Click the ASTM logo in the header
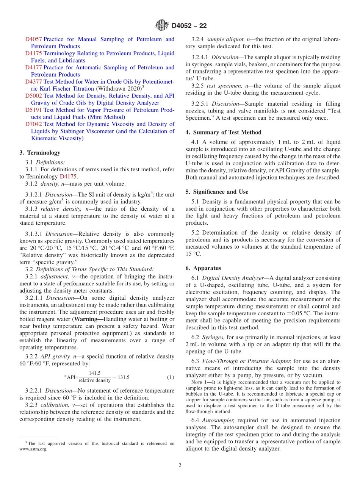click(162, 26)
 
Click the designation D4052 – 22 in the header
click(189, 26)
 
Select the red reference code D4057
click(33, 39)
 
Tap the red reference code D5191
click(33, 110)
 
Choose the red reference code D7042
click(33, 124)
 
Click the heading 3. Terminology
click(40, 153)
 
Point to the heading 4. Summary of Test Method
click(223, 132)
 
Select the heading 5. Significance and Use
click(217, 192)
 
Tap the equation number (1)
click(171, 377)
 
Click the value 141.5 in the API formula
click(94, 373)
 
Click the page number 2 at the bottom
click(180, 465)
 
